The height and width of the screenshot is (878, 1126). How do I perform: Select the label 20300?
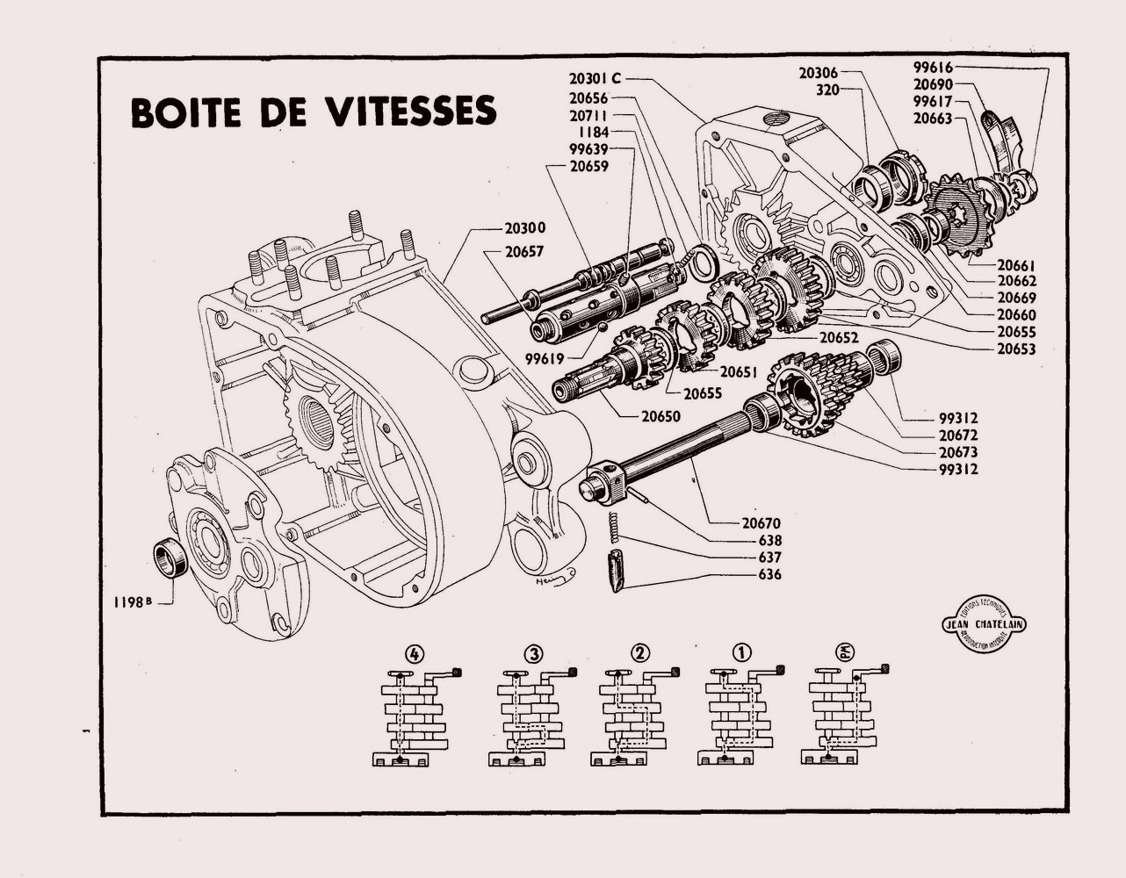coord(524,227)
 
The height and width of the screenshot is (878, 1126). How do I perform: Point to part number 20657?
coord(524,251)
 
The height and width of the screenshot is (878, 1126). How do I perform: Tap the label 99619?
coord(545,357)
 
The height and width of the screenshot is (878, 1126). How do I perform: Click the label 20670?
coord(761,523)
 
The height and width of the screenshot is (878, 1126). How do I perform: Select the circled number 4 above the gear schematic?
coord(415,654)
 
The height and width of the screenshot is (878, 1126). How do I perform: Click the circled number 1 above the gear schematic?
coord(742,653)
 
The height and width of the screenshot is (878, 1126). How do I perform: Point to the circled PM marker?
coord(848,653)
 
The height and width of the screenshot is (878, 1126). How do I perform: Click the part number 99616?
coord(933,68)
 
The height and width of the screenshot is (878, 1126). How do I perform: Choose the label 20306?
coord(819,73)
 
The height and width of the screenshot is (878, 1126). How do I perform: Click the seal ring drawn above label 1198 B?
coord(170,558)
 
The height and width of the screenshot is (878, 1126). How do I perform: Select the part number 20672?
coord(956,435)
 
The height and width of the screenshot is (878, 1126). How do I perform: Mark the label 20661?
coord(1016,263)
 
